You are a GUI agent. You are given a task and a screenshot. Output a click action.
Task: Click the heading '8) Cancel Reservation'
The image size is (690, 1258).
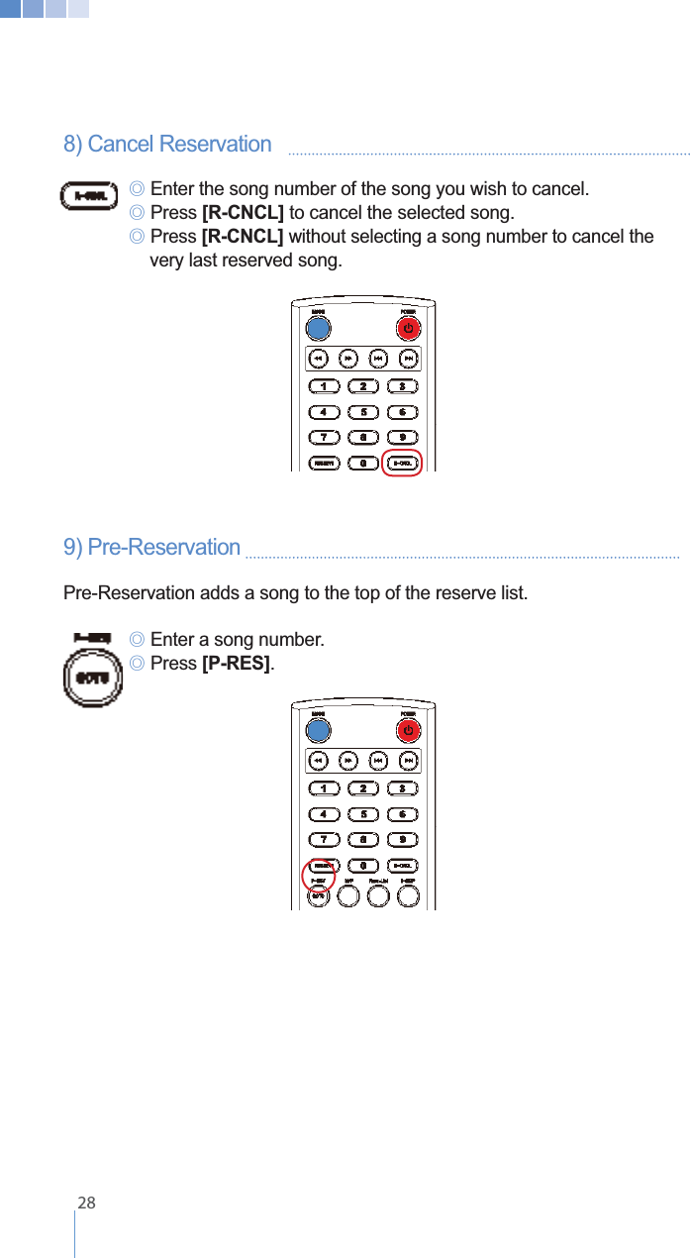[167, 145]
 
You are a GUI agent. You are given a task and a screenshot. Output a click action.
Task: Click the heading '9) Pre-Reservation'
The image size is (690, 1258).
[151, 548]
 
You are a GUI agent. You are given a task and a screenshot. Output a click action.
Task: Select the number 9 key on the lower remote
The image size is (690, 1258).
[402, 840]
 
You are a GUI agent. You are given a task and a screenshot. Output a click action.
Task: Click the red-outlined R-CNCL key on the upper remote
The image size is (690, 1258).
[402, 463]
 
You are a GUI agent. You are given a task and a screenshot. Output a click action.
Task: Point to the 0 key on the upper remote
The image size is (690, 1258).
[363, 463]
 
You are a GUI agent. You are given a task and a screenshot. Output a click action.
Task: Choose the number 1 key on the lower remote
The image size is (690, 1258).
[324, 788]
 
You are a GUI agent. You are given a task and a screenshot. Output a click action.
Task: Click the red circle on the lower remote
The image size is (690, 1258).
[318, 876]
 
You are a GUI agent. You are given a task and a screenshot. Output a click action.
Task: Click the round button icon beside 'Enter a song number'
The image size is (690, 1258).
[91, 679]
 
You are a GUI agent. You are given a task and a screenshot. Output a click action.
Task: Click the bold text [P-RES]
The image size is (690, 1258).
[236, 664]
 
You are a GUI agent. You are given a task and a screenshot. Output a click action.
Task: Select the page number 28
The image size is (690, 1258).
[87, 1204]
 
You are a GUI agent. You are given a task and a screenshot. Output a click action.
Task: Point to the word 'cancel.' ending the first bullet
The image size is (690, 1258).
[559, 189]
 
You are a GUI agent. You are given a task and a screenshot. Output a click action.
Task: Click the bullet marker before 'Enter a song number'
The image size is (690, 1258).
[138, 640]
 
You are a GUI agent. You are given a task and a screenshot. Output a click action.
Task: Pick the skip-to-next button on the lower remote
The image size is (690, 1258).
[408, 761]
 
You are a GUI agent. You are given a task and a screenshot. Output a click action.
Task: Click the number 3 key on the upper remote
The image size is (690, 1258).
[402, 385]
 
